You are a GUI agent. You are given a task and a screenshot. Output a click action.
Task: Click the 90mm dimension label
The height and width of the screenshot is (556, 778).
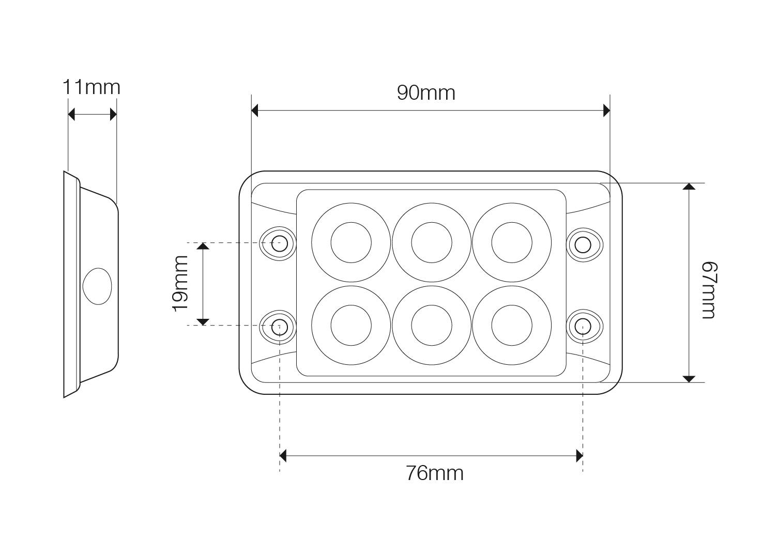coord(426,93)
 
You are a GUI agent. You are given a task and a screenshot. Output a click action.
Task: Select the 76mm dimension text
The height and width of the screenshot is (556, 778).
coord(434,473)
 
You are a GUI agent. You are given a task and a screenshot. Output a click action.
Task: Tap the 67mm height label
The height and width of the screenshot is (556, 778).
coord(710,290)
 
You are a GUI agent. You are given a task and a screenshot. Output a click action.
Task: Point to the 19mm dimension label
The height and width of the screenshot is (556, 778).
coord(180,283)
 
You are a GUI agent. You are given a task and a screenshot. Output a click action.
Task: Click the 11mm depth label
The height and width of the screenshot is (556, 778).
coord(91,87)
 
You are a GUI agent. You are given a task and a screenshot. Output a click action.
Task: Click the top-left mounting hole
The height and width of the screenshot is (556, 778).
coord(280,243)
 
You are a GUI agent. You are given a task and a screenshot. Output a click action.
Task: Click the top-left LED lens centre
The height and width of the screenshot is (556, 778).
coord(351,242)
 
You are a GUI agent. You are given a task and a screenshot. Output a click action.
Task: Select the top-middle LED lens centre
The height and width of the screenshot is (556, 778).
coord(432,242)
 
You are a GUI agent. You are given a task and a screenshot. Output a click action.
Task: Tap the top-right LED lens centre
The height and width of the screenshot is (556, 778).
coord(512,242)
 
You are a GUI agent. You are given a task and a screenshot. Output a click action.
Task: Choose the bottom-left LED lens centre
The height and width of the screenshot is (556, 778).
coord(351,326)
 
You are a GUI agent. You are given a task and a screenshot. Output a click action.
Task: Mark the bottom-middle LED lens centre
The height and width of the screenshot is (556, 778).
coord(432,326)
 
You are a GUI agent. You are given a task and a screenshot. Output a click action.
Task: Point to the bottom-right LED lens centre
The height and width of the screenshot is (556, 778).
coord(512,326)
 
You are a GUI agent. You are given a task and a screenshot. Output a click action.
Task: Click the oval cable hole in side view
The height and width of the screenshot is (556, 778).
coord(97,286)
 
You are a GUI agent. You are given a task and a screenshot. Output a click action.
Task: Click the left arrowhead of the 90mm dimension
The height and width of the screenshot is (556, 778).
coord(255,110)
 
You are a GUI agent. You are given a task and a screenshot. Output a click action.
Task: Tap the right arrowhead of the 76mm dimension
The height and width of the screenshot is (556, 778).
coord(579,456)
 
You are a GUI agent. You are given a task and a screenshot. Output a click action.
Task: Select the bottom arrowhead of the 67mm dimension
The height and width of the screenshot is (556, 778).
coord(689,379)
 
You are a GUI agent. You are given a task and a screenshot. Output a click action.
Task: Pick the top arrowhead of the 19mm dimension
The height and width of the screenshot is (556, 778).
coord(203,246)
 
